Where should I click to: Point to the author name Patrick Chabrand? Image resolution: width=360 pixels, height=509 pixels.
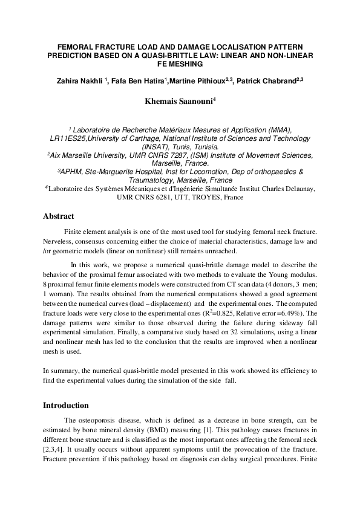[x=270, y=81]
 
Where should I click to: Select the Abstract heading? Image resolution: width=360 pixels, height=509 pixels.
[x=59, y=216]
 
